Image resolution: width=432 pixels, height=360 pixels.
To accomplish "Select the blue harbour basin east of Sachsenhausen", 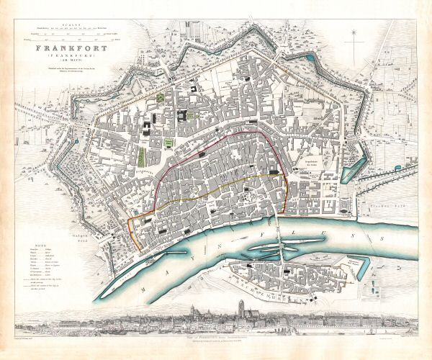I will [357, 269].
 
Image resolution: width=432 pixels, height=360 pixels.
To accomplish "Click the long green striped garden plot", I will [143, 156].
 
